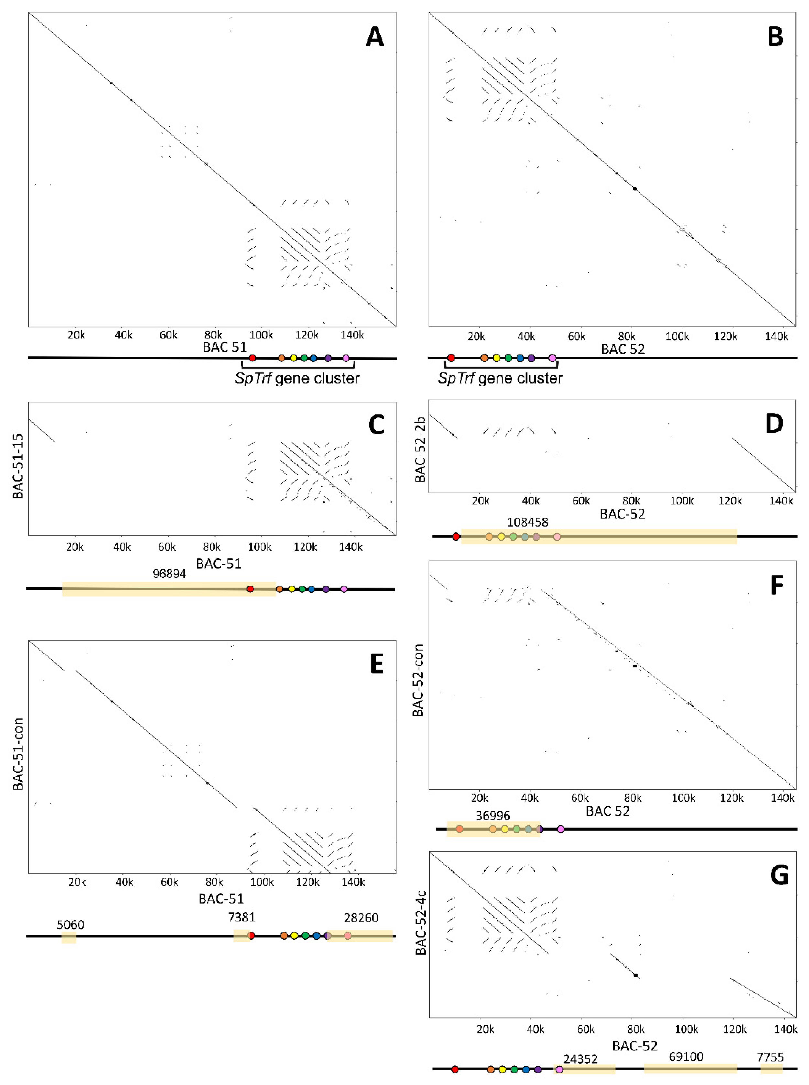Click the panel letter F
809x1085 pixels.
(777, 586)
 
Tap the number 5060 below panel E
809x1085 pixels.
(71, 925)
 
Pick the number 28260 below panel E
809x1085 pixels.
(361, 918)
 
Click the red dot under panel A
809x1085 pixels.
(252, 358)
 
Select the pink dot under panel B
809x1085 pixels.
(552, 358)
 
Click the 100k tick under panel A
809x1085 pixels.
(261, 335)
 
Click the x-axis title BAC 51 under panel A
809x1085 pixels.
(225, 347)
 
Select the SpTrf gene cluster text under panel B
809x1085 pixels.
(500, 378)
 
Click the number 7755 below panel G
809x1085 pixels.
(770, 1057)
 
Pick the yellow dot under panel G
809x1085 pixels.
(502, 1069)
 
